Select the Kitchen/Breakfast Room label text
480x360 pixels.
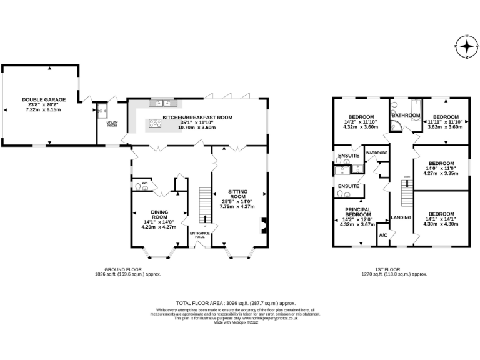point(197,117)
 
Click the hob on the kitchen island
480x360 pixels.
point(154,124)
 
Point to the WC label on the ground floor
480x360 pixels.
point(144,183)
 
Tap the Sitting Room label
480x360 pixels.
point(237,196)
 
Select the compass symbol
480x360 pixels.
point(466,46)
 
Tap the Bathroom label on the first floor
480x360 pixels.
point(406,116)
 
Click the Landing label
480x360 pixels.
point(400,217)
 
